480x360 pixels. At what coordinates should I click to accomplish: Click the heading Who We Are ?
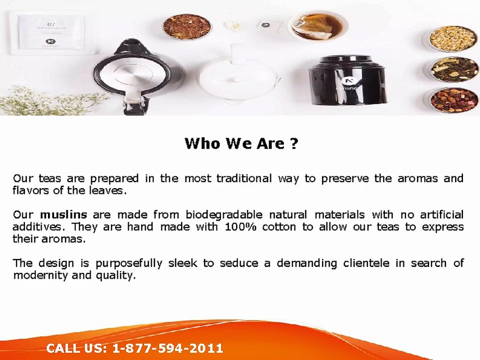tap(241, 143)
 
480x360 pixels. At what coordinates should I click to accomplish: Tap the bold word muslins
tap(63, 214)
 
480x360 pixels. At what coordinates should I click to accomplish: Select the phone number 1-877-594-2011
tap(168, 348)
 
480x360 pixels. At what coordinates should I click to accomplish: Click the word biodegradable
tap(224, 215)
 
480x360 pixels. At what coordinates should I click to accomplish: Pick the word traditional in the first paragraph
tap(244, 178)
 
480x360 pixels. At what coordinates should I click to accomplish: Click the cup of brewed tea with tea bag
tap(318, 27)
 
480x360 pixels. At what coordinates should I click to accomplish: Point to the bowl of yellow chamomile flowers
tap(451, 38)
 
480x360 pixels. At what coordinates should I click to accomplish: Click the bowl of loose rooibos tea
tap(186, 26)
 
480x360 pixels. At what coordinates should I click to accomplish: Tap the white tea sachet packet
tap(51, 33)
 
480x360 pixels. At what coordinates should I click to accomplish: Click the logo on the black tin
tap(347, 81)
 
